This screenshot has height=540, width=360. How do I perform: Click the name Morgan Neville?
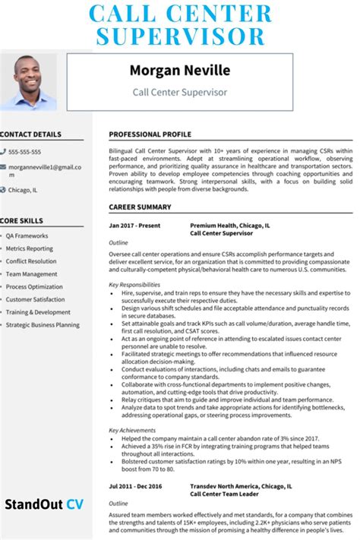click(x=179, y=71)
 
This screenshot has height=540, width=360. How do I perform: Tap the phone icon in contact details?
click(x=3, y=152)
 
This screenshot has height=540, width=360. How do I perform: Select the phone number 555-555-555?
click(x=24, y=152)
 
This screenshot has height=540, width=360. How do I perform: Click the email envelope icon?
click(x=3, y=166)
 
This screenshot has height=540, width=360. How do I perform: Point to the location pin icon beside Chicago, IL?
click(x=3, y=190)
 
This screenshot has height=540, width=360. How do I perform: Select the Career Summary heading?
click(x=140, y=207)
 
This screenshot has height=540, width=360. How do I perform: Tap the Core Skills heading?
click(x=21, y=221)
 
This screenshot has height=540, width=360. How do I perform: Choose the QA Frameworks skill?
click(x=27, y=235)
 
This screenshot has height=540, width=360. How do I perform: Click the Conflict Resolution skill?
click(x=31, y=261)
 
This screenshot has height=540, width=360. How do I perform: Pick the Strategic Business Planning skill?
click(x=43, y=324)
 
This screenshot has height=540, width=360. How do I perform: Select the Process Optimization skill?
click(x=34, y=286)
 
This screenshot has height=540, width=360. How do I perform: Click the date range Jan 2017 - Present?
click(x=135, y=226)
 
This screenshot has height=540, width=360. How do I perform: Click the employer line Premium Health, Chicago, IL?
click(x=229, y=226)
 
